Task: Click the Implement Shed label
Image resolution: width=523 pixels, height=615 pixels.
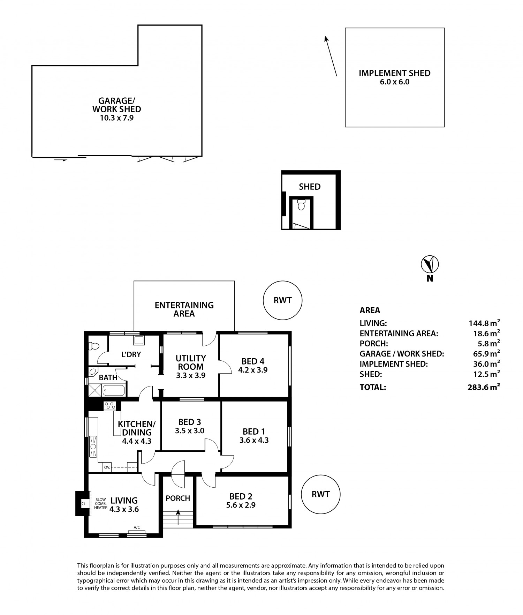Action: click(395, 73)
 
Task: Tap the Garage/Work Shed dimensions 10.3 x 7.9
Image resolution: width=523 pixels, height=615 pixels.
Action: click(117, 118)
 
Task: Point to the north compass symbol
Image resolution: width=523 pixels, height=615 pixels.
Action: click(430, 264)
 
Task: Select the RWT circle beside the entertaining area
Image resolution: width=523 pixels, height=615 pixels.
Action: click(282, 300)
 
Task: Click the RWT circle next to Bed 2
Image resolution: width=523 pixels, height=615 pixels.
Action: click(320, 494)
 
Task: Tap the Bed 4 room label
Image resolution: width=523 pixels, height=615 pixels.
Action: click(253, 361)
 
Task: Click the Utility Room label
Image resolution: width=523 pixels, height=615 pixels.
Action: click(191, 362)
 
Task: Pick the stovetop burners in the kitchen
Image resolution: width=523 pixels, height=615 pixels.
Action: click(110, 406)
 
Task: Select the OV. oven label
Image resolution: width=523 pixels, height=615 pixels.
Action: click(107, 467)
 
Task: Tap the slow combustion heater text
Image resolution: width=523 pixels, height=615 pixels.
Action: click(101, 504)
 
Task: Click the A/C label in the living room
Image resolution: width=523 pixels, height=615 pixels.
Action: click(137, 527)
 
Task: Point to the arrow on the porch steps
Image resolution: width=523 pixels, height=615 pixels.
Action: click(178, 517)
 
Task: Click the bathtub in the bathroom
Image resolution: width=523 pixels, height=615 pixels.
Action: click(114, 390)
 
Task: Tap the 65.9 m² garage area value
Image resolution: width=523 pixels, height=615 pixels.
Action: click(485, 353)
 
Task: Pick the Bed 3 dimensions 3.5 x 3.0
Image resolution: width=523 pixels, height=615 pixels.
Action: click(190, 431)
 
